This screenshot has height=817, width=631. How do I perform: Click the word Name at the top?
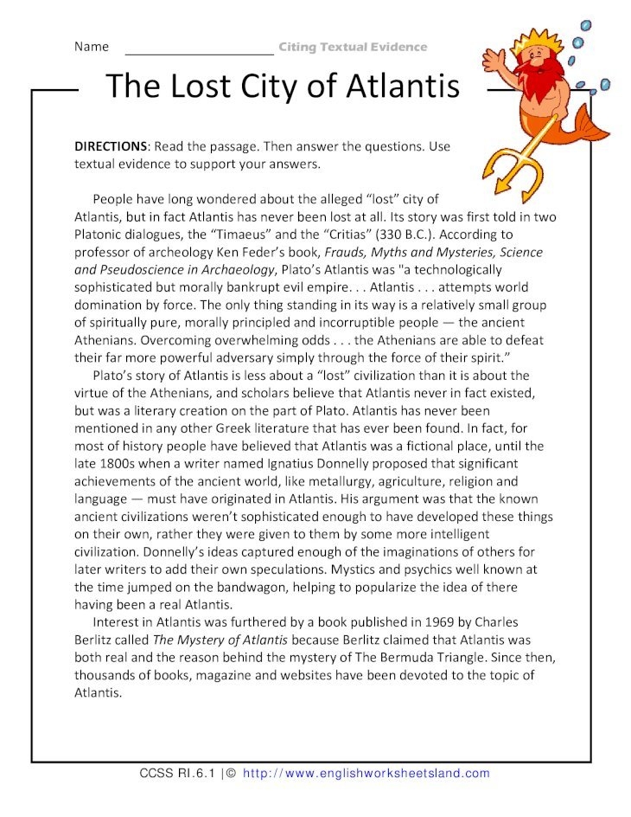[92, 46]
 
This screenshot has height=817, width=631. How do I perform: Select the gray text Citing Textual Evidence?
[353, 47]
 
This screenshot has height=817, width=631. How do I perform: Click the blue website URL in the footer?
[366, 773]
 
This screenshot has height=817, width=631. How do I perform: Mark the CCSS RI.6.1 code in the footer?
[177, 773]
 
